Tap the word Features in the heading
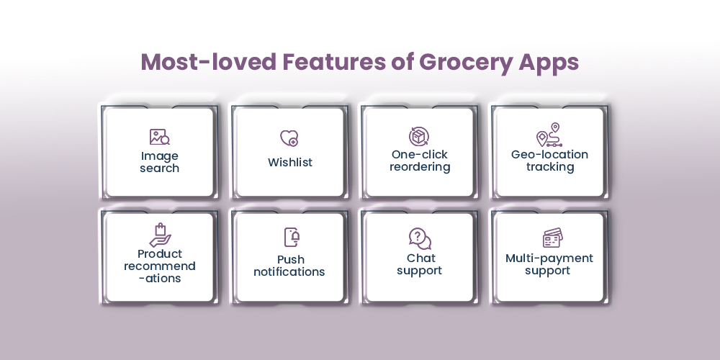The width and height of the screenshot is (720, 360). (334, 62)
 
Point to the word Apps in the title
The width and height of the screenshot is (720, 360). (549, 63)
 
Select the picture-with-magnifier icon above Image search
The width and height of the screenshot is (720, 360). (159, 137)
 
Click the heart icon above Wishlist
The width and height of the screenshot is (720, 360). (289, 138)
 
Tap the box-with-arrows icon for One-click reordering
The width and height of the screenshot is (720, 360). (419, 136)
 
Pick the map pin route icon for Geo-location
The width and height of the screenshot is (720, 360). (549, 135)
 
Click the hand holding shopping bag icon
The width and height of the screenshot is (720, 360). (161, 235)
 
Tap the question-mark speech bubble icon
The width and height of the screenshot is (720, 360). (420, 238)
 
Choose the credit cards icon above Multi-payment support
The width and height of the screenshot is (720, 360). (552, 238)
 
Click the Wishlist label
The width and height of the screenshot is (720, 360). (290, 162)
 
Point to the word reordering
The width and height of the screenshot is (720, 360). (420, 167)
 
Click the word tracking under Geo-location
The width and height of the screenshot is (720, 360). (550, 167)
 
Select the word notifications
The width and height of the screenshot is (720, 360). (289, 272)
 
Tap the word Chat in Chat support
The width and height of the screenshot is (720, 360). (421, 258)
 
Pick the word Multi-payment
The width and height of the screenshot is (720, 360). (549, 258)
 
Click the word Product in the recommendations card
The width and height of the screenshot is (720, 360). (160, 254)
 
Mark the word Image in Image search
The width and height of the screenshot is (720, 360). (159, 156)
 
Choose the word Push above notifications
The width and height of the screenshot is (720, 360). (291, 259)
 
